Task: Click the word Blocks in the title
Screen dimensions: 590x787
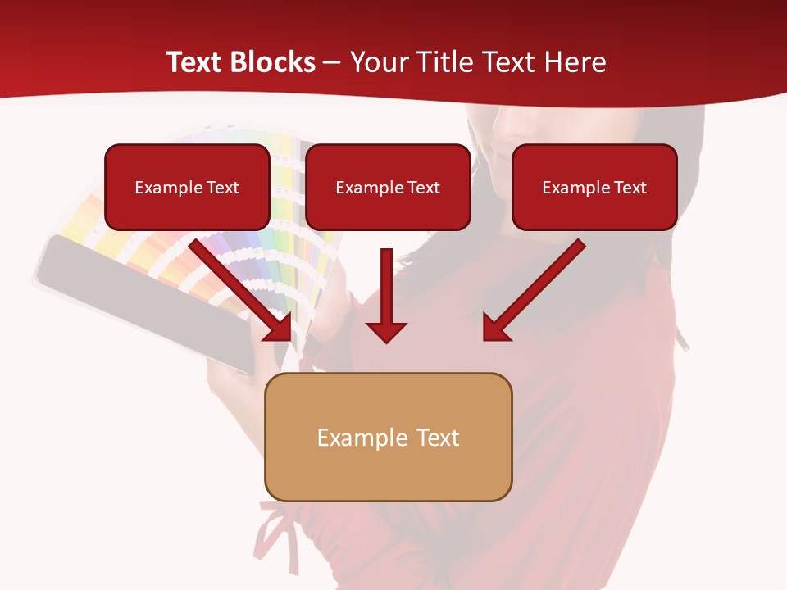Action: click(x=273, y=62)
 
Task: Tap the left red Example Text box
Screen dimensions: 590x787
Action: click(x=187, y=187)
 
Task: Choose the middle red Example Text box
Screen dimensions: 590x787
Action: click(x=388, y=187)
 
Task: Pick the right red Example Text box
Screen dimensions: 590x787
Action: click(x=594, y=187)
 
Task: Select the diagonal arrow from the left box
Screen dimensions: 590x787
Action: click(x=238, y=287)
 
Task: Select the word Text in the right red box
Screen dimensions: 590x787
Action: click(x=630, y=188)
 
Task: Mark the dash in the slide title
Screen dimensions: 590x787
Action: click(x=332, y=62)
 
